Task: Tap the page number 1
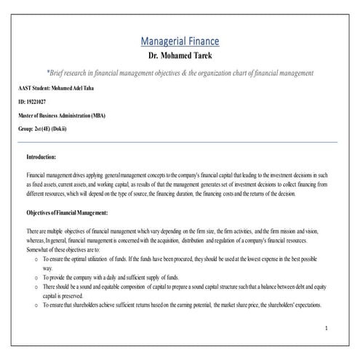tap(327, 329)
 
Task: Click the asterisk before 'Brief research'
tap(48, 73)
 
